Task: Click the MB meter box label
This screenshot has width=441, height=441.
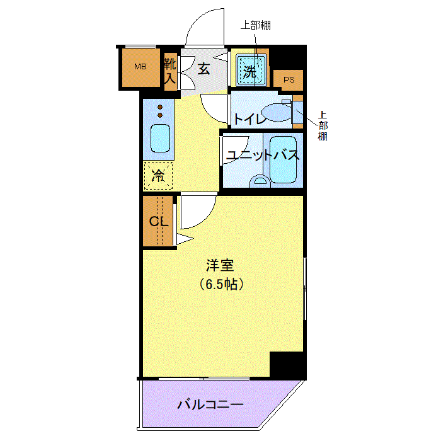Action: pos(140,67)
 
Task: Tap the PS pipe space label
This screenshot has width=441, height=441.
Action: pos(289,80)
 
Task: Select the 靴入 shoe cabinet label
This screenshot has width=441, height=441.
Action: pos(171,71)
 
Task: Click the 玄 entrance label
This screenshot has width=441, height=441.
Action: pos(204,69)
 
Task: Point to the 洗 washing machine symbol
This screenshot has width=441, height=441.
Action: pos(251,71)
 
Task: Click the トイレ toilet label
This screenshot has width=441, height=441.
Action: pos(249,119)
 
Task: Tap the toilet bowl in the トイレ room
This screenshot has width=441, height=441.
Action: pos(277,112)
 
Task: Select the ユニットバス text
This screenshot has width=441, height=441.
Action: pos(263,155)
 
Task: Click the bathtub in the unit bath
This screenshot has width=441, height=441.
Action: pos(283,159)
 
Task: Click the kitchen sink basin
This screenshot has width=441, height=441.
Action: pos(160,139)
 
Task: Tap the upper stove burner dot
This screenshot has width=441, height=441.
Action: pos(160,107)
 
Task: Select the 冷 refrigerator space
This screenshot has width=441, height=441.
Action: pos(158,176)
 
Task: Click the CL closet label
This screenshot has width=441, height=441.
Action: pos(159,221)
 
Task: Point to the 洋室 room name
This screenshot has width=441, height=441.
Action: pos(220,265)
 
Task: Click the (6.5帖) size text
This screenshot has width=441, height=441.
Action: pos(221,284)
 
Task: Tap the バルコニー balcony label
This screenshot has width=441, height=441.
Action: pos(210,405)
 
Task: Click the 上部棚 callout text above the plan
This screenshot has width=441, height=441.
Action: pos(256,25)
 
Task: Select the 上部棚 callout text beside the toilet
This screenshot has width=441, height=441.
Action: pos(323,126)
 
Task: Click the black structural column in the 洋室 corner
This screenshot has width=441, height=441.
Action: pos(286,365)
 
